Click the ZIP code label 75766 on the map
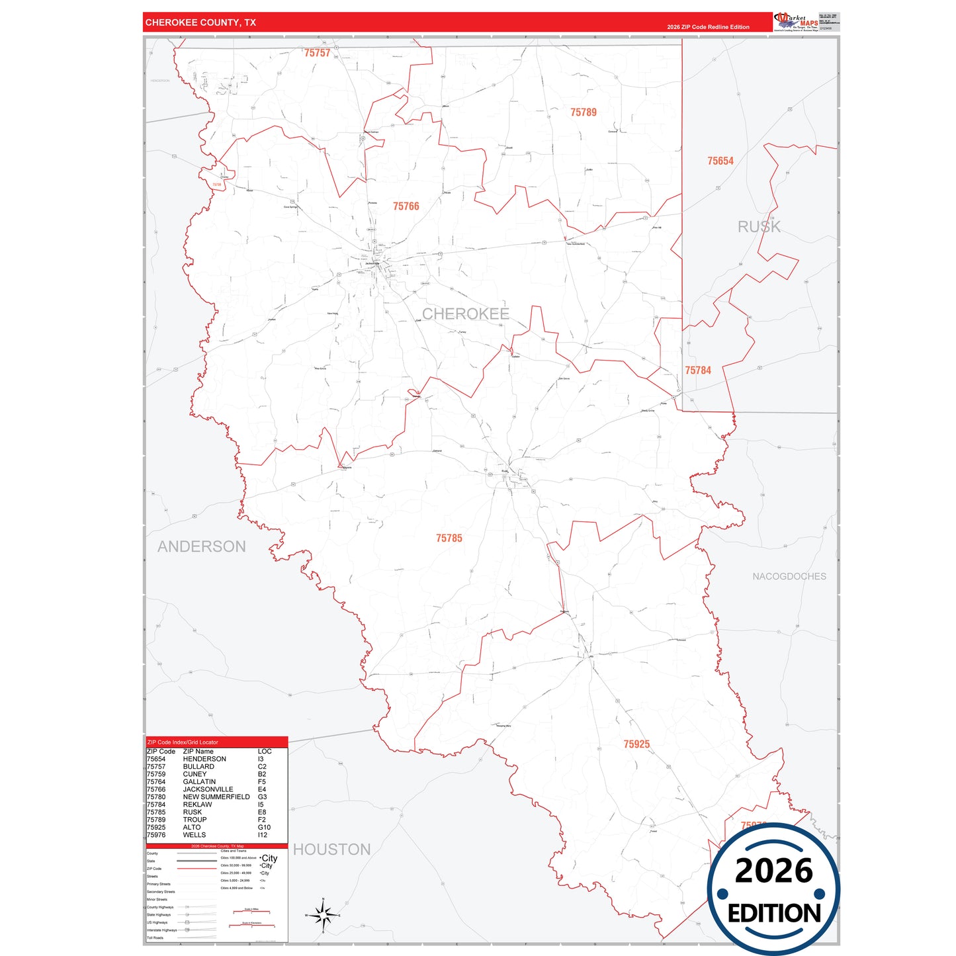[406, 206]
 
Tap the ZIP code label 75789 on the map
[583, 112]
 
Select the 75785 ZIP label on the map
[449, 539]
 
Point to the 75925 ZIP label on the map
[636, 744]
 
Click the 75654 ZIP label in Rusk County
[720, 161]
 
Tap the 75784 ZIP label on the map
[698, 370]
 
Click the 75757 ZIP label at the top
[317, 53]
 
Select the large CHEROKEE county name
[465, 314]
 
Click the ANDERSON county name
[201, 546]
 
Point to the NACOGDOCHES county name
[789, 576]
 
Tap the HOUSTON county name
[331, 849]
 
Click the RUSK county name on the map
[759, 227]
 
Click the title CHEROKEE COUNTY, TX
[200, 22]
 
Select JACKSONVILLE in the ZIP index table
[208, 789]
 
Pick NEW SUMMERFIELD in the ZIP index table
[216, 797]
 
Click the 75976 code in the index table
[156, 835]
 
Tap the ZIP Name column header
[198, 752]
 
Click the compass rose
[323, 916]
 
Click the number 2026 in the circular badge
[773, 871]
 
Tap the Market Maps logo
[796, 21]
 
